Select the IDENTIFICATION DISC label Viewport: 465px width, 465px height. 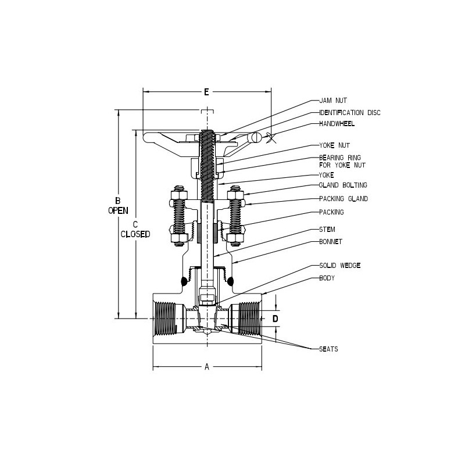(349, 113)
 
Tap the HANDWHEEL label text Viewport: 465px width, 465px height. (337, 124)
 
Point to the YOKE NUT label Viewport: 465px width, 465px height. (334, 145)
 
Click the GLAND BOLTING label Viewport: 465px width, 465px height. (343, 185)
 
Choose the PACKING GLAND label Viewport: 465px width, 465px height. (344, 199)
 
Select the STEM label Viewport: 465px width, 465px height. (327, 230)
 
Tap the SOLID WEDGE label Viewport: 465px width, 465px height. (340, 265)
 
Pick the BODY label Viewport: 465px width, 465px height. (327, 278)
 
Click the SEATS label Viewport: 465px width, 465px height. (328, 349)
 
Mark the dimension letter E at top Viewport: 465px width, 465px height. (206, 92)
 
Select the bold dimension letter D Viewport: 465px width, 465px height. (276, 319)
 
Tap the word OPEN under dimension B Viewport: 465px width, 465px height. (118, 211)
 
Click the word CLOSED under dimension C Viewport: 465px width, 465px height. (135, 234)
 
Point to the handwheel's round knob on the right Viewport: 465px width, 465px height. (254, 138)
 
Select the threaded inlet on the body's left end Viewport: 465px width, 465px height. (166, 318)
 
